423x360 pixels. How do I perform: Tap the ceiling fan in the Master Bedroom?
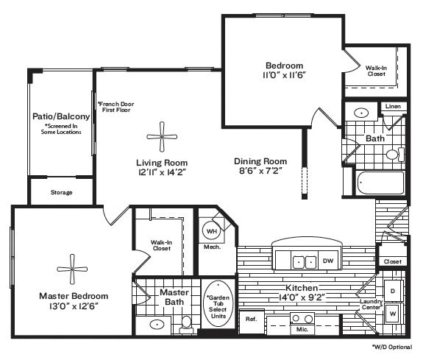pyautogui.click(x=72, y=267)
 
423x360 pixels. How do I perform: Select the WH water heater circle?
pyautogui.click(x=212, y=231)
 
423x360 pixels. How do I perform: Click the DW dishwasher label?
pyautogui.click(x=328, y=261)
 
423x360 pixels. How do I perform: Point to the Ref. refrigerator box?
pyautogui.click(x=251, y=319)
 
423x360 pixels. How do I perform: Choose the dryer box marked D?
pyautogui.click(x=392, y=291)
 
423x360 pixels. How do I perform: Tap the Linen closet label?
pyautogui.click(x=394, y=107)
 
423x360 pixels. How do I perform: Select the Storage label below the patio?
pyautogui.click(x=61, y=193)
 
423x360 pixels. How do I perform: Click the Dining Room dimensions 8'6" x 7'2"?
pyautogui.click(x=259, y=171)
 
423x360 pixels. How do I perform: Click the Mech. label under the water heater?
pyautogui.click(x=212, y=247)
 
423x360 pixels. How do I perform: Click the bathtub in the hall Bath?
pyautogui.click(x=379, y=182)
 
